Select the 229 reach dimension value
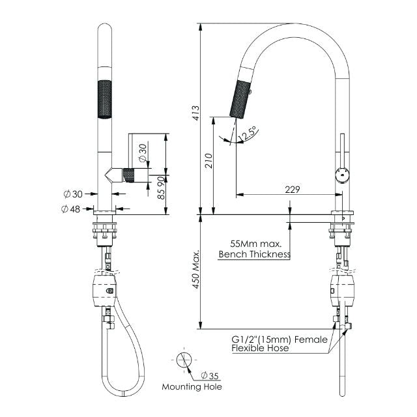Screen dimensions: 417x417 point(293,190)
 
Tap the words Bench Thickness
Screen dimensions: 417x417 point(254,254)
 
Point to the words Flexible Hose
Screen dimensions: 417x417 point(260,349)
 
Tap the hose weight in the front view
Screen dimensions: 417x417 point(104,287)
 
